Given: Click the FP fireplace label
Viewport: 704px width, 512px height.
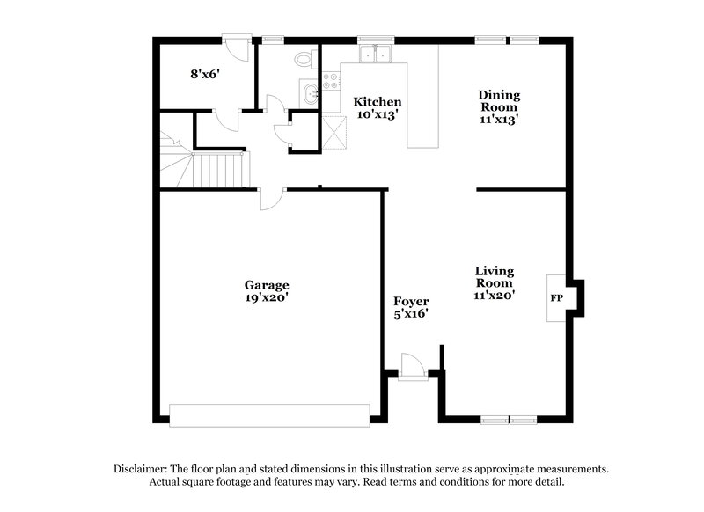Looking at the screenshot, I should [x=556, y=298].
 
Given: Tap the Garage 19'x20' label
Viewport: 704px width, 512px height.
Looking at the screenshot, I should [x=267, y=291].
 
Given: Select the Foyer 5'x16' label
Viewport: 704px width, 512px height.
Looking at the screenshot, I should [x=411, y=307].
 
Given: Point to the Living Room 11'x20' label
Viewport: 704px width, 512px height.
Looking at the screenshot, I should [x=495, y=283].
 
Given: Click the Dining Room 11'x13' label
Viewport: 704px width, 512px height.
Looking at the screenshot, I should [x=499, y=106].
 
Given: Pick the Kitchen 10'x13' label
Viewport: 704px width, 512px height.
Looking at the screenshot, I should [x=378, y=107].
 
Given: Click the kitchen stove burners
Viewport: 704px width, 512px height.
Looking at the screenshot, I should [x=333, y=82].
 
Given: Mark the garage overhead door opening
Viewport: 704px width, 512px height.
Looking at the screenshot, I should [x=269, y=415].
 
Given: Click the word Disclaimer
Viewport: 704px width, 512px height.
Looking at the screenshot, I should [x=141, y=469].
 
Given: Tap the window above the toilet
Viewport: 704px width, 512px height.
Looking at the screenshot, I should [x=273, y=39].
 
